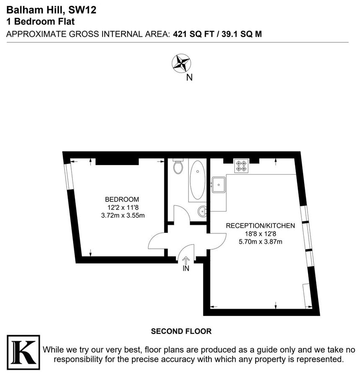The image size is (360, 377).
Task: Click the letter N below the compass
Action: coord(189,77)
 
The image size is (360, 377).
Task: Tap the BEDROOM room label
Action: coord(122,199)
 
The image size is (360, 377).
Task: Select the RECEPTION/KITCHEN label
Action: coord(260,225)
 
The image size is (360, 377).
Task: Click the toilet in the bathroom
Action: coord(178,166)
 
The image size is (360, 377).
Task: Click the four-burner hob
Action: coord(241,165)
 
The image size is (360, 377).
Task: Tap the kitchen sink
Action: coord(219,184)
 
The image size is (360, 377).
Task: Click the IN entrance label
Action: coord(186,269)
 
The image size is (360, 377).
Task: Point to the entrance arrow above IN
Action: coord(186,260)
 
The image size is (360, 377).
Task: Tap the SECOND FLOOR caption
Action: coord(181,331)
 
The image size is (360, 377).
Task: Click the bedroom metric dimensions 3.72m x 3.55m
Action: coord(122,215)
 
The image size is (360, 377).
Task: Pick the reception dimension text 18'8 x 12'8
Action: coord(260,233)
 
